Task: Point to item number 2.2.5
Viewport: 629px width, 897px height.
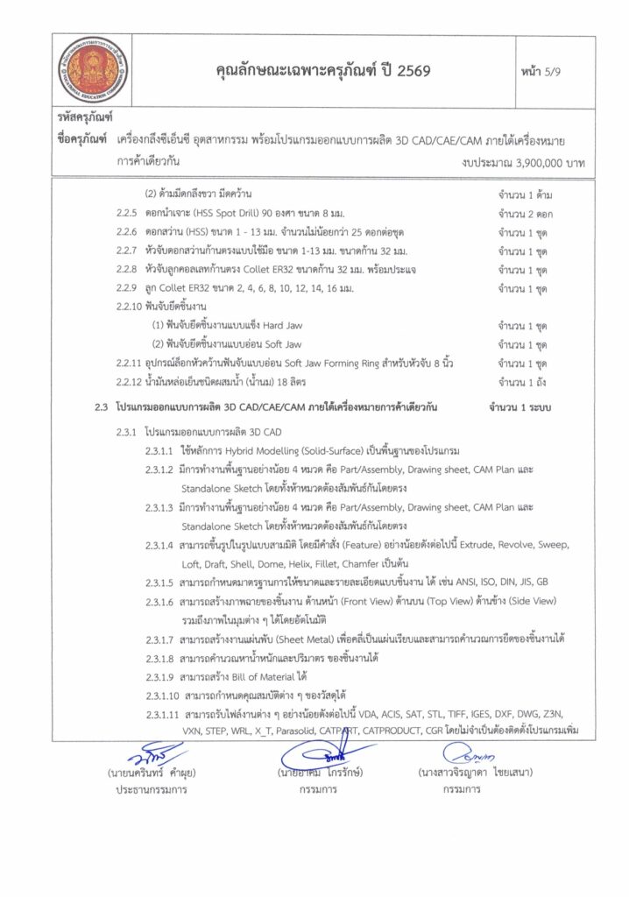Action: tap(128, 213)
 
